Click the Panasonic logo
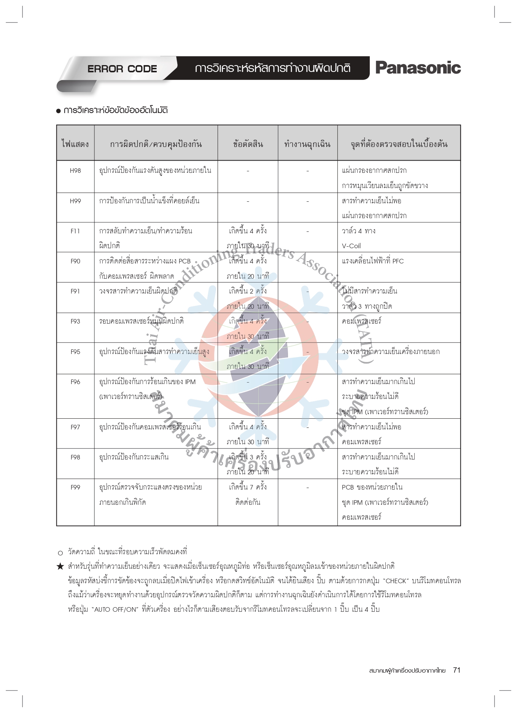pyautogui.click(x=418, y=68)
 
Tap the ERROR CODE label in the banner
pyautogui.click(x=122, y=69)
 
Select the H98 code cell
pyautogui.click(x=75, y=171)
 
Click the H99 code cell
pyautogui.click(x=75, y=201)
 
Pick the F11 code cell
pyautogui.click(x=75, y=231)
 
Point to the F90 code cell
pyautogui.click(x=75, y=261)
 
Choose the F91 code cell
pyautogui.click(x=75, y=291)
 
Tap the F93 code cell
pyautogui.click(x=75, y=321)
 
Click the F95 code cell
pyautogui.click(x=75, y=352)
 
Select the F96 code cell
pyautogui.click(x=75, y=382)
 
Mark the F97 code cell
pyautogui.click(x=75, y=427)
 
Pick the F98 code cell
pyautogui.click(x=75, y=457)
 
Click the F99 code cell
pyautogui.click(x=75, y=487)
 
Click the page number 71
pyautogui.click(x=457, y=670)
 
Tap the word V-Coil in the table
pyautogui.click(x=351, y=246)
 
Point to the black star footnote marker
pyautogui.click(x=60, y=566)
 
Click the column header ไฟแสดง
pyautogui.click(x=75, y=144)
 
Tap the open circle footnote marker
pyautogui.click(x=60, y=553)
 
